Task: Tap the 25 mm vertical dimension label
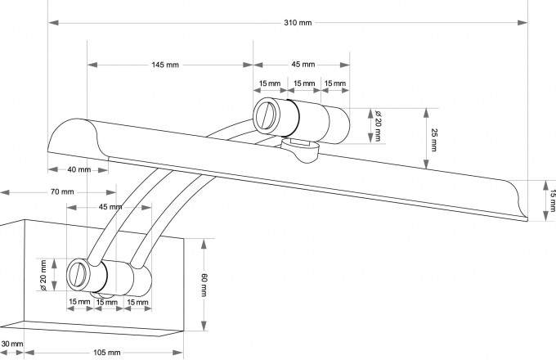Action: (434, 140)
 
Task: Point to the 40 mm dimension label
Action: (78, 169)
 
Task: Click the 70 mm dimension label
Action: (62, 191)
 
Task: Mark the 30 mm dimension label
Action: (11, 344)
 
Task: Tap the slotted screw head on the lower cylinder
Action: (78, 272)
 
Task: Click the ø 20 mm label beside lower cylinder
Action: (42, 274)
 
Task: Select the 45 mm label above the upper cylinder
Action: (303, 65)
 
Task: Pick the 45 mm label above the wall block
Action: (108, 206)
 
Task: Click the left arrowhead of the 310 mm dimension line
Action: (52, 22)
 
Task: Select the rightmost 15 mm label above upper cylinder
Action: (334, 83)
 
